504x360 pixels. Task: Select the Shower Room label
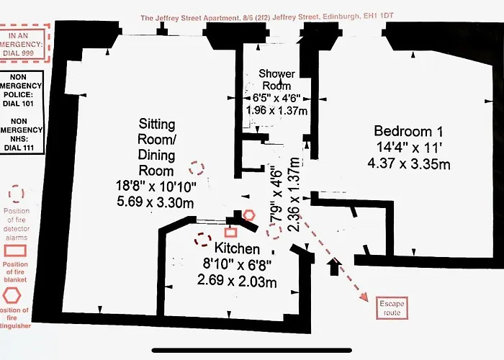pyautogui.click(x=276, y=79)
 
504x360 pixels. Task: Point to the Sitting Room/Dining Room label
pyautogui.click(x=156, y=148)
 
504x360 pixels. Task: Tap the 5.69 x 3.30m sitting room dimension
pyautogui.click(x=156, y=202)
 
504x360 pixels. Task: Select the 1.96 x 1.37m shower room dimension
pyautogui.click(x=276, y=111)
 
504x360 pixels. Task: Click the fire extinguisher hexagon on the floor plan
pyautogui.click(x=248, y=215)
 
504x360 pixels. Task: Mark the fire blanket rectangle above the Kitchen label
pyautogui.click(x=230, y=231)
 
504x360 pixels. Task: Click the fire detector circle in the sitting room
pyautogui.click(x=196, y=168)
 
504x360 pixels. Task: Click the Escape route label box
pyautogui.click(x=392, y=308)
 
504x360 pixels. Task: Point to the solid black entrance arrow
pyautogui.click(x=333, y=267)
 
